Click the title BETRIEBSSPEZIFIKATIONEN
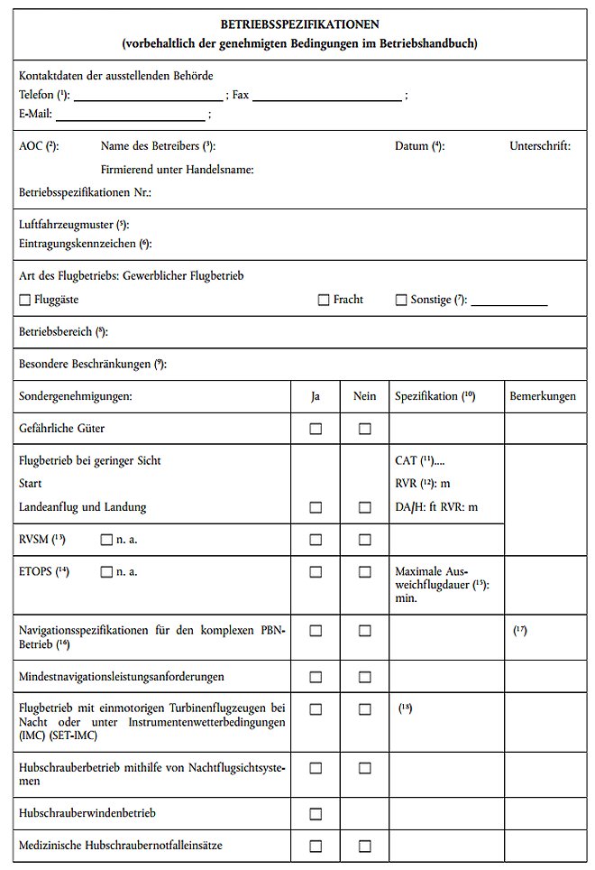coord(299,24)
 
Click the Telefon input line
coord(148,96)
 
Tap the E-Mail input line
coord(131,115)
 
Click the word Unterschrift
coord(540,145)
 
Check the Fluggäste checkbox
coord(24,301)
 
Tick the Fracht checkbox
coord(324,301)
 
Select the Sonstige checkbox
coord(401,301)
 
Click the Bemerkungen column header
coord(542,396)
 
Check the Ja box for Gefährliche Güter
coord(316,429)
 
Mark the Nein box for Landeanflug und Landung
coord(364,507)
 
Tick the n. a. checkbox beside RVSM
coord(106,540)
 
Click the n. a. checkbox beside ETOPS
coord(106,571)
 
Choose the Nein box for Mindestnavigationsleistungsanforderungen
coord(364,677)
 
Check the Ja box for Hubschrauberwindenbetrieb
coord(316,814)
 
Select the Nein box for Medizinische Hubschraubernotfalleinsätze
coord(364,847)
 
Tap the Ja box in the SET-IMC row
coord(316,709)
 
